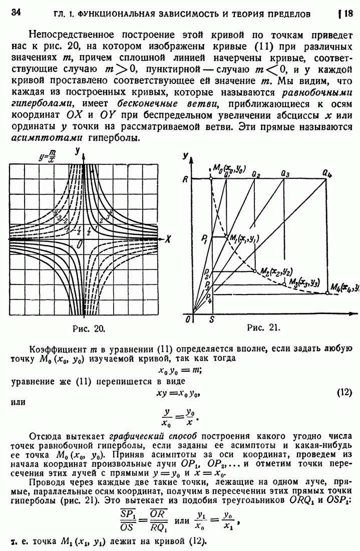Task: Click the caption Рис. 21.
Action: [263, 329]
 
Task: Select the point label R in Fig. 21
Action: [184, 179]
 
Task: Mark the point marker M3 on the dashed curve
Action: [285, 285]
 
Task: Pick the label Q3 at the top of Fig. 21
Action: [285, 173]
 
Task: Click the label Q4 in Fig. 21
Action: [327, 173]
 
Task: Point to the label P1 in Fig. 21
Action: [204, 238]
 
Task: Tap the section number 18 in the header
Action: [348, 13]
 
